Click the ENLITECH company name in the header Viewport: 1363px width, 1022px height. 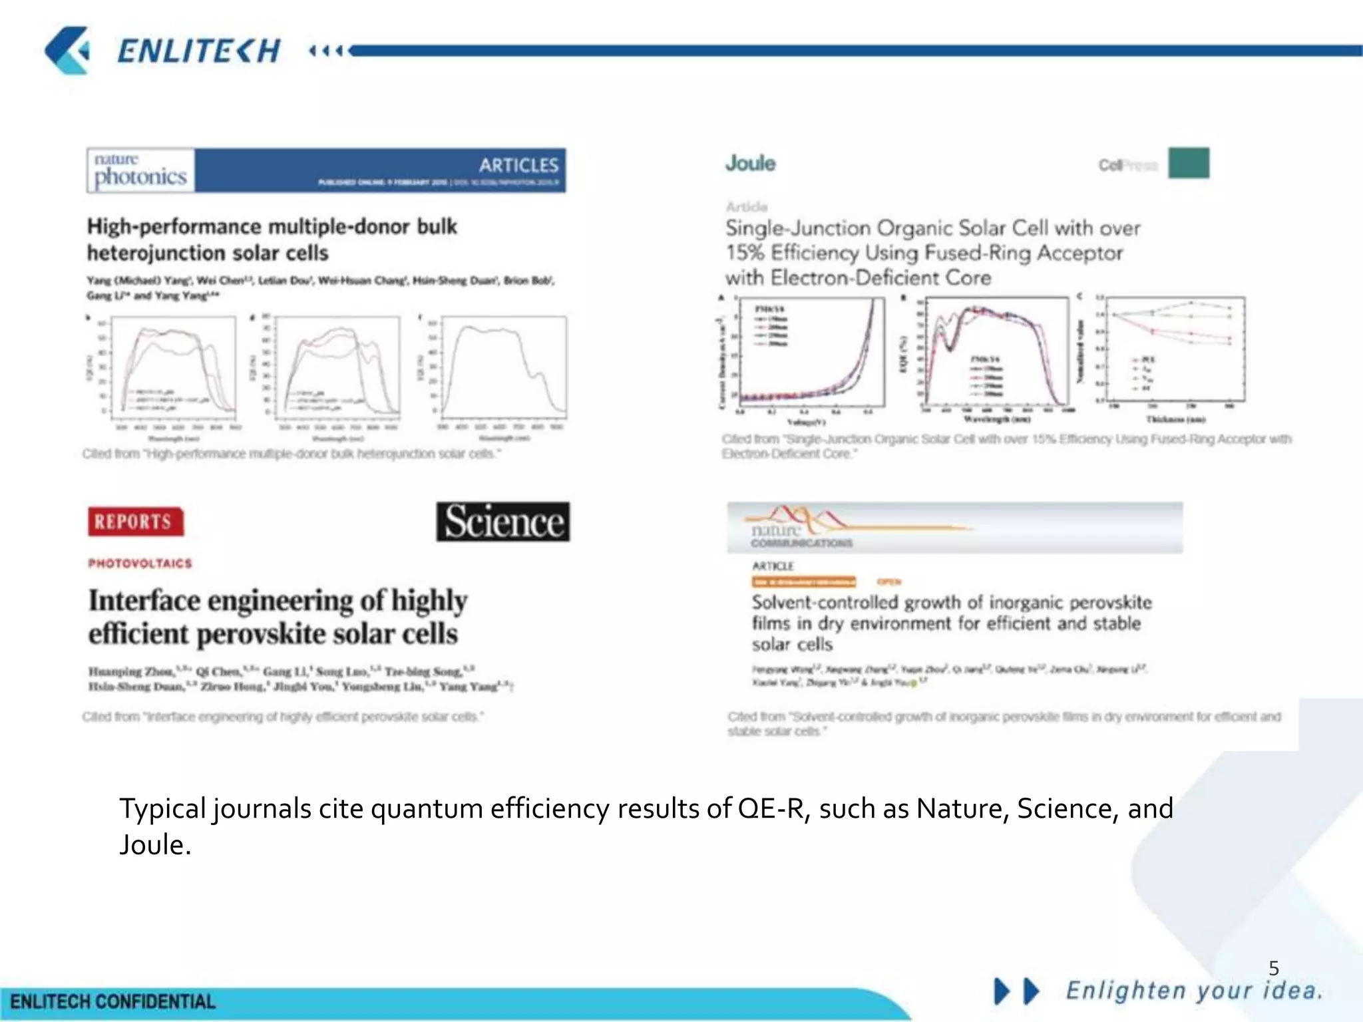point(198,51)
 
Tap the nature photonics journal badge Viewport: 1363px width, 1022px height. point(140,170)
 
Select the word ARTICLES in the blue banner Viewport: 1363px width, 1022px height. point(518,165)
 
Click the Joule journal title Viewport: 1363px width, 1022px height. point(750,163)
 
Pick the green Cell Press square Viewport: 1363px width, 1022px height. point(1189,163)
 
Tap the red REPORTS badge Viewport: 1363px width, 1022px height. point(135,521)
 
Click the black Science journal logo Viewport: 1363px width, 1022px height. point(503,521)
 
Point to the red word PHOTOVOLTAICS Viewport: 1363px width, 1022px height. point(140,564)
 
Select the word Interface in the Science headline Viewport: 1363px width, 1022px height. point(144,600)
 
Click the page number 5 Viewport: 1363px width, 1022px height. point(1274,967)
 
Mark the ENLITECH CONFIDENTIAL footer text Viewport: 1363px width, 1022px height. point(112,1002)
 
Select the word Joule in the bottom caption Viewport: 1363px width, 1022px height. point(155,845)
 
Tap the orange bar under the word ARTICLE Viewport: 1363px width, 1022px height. point(803,582)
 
